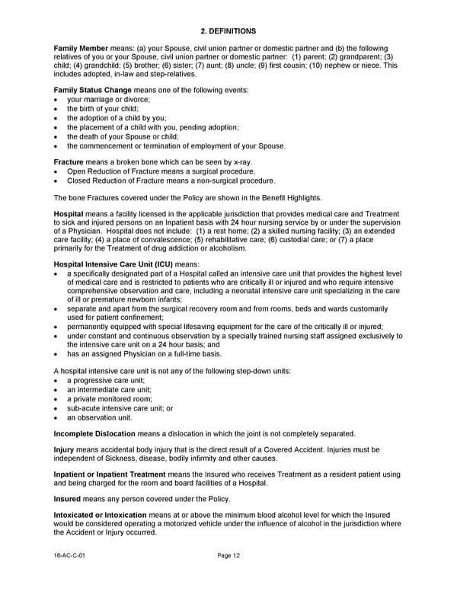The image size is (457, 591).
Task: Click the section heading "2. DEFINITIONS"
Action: pos(228,30)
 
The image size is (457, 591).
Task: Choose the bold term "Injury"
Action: pos(63,449)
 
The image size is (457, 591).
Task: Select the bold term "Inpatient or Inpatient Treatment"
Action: pos(109,474)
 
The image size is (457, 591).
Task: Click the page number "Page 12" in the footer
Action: pos(228,556)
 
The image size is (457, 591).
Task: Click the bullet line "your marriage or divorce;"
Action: pos(108,99)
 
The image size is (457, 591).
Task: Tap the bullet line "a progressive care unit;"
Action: pos(105,380)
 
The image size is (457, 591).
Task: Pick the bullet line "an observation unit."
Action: pos(99,417)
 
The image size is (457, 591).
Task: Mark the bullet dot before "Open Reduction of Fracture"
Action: pos(58,171)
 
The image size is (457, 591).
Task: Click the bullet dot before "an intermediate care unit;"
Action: pos(58,389)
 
